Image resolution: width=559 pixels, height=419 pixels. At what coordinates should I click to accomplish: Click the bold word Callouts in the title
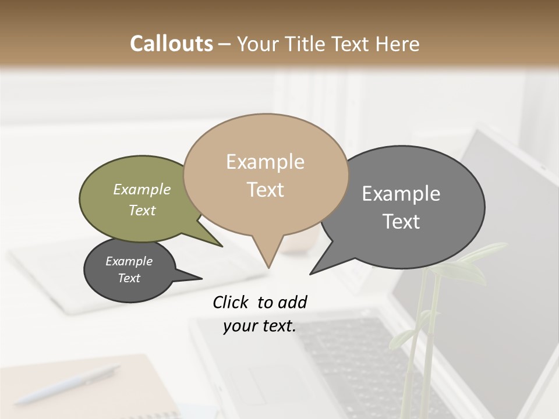(x=171, y=44)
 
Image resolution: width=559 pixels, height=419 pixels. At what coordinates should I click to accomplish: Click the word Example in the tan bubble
(x=265, y=162)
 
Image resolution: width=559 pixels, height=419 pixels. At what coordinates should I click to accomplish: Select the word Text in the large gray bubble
(x=401, y=222)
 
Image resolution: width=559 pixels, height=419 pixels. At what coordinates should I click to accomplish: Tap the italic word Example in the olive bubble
(x=141, y=190)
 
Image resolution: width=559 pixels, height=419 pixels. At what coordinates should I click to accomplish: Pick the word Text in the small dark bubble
(x=129, y=278)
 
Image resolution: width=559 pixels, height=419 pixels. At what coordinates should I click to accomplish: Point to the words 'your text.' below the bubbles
(x=259, y=326)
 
